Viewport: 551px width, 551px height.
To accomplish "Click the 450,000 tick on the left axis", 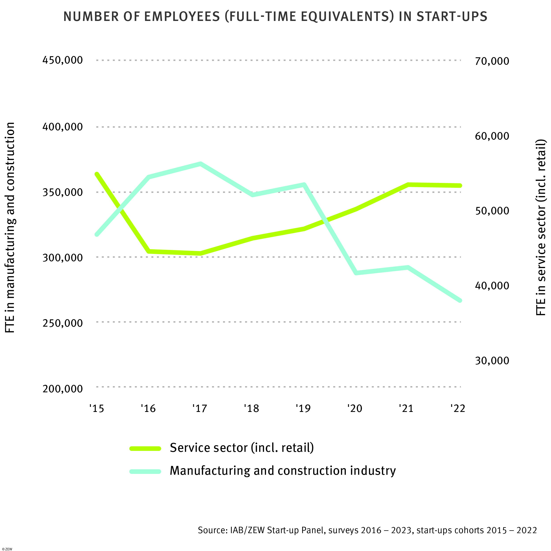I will (62, 60).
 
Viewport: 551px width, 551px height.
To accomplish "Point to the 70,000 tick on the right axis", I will (492, 61).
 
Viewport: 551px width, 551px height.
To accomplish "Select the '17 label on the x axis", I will (199, 408).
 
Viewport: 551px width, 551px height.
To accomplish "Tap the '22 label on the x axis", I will (458, 408).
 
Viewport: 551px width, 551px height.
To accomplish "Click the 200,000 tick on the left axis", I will (62, 389).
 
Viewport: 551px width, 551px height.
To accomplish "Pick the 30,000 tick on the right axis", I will (492, 361).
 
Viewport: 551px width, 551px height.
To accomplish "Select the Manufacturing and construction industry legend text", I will (282, 471).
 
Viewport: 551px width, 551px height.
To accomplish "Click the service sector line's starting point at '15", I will (97, 174).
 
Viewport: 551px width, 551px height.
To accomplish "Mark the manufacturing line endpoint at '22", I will (460, 301).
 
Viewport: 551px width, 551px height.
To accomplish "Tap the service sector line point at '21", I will (408, 184).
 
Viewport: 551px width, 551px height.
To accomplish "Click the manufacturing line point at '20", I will (356, 273).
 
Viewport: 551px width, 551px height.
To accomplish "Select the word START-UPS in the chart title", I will (452, 17).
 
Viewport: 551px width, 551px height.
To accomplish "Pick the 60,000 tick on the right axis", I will (492, 136).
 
